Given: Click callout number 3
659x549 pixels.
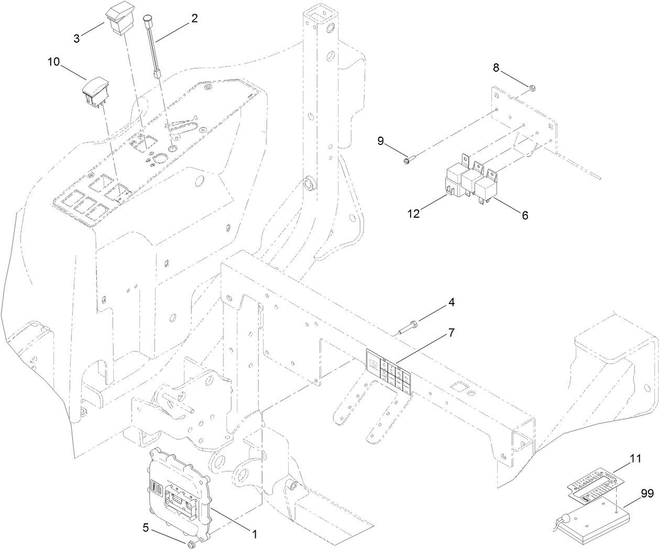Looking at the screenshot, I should (76, 39).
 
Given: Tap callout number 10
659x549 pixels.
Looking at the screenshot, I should (54, 62).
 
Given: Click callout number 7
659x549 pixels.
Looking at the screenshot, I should (451, 332).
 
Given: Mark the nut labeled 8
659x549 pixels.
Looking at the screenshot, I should (531, 87).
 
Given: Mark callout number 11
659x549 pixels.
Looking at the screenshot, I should (635, 458).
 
